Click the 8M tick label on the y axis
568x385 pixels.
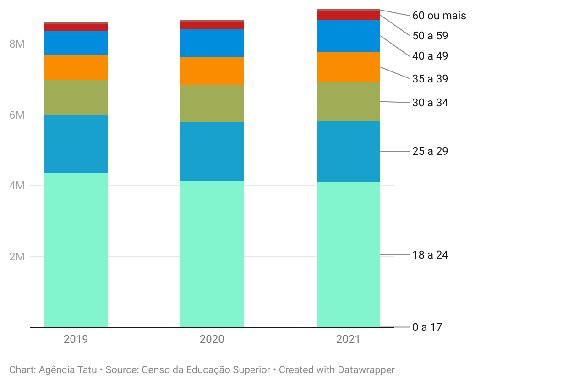pos(17,44)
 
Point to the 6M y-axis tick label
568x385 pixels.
pos(17,115)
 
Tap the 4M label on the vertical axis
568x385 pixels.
pos(17,186)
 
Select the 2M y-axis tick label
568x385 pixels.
pos(17,257)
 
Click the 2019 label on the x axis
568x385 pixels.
pos(76,339)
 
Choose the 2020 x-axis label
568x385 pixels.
pos(212,339)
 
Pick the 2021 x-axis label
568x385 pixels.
pos(348,339)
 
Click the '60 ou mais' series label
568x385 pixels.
pos(439,16)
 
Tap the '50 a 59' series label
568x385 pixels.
pos(430,36)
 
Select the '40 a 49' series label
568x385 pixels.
pos(430,56)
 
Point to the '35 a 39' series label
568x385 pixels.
pos(430,79)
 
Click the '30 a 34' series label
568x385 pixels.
pos(430,103)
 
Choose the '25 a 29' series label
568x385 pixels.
pos(430,151)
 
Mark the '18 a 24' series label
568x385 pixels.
pos(430,255)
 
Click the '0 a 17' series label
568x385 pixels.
pos(427,327)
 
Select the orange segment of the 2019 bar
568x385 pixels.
pos(76,67)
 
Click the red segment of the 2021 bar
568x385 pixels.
pos(348,15)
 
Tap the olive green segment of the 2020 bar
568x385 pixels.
pos(212,104)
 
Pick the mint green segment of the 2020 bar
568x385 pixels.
pos(212,254)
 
